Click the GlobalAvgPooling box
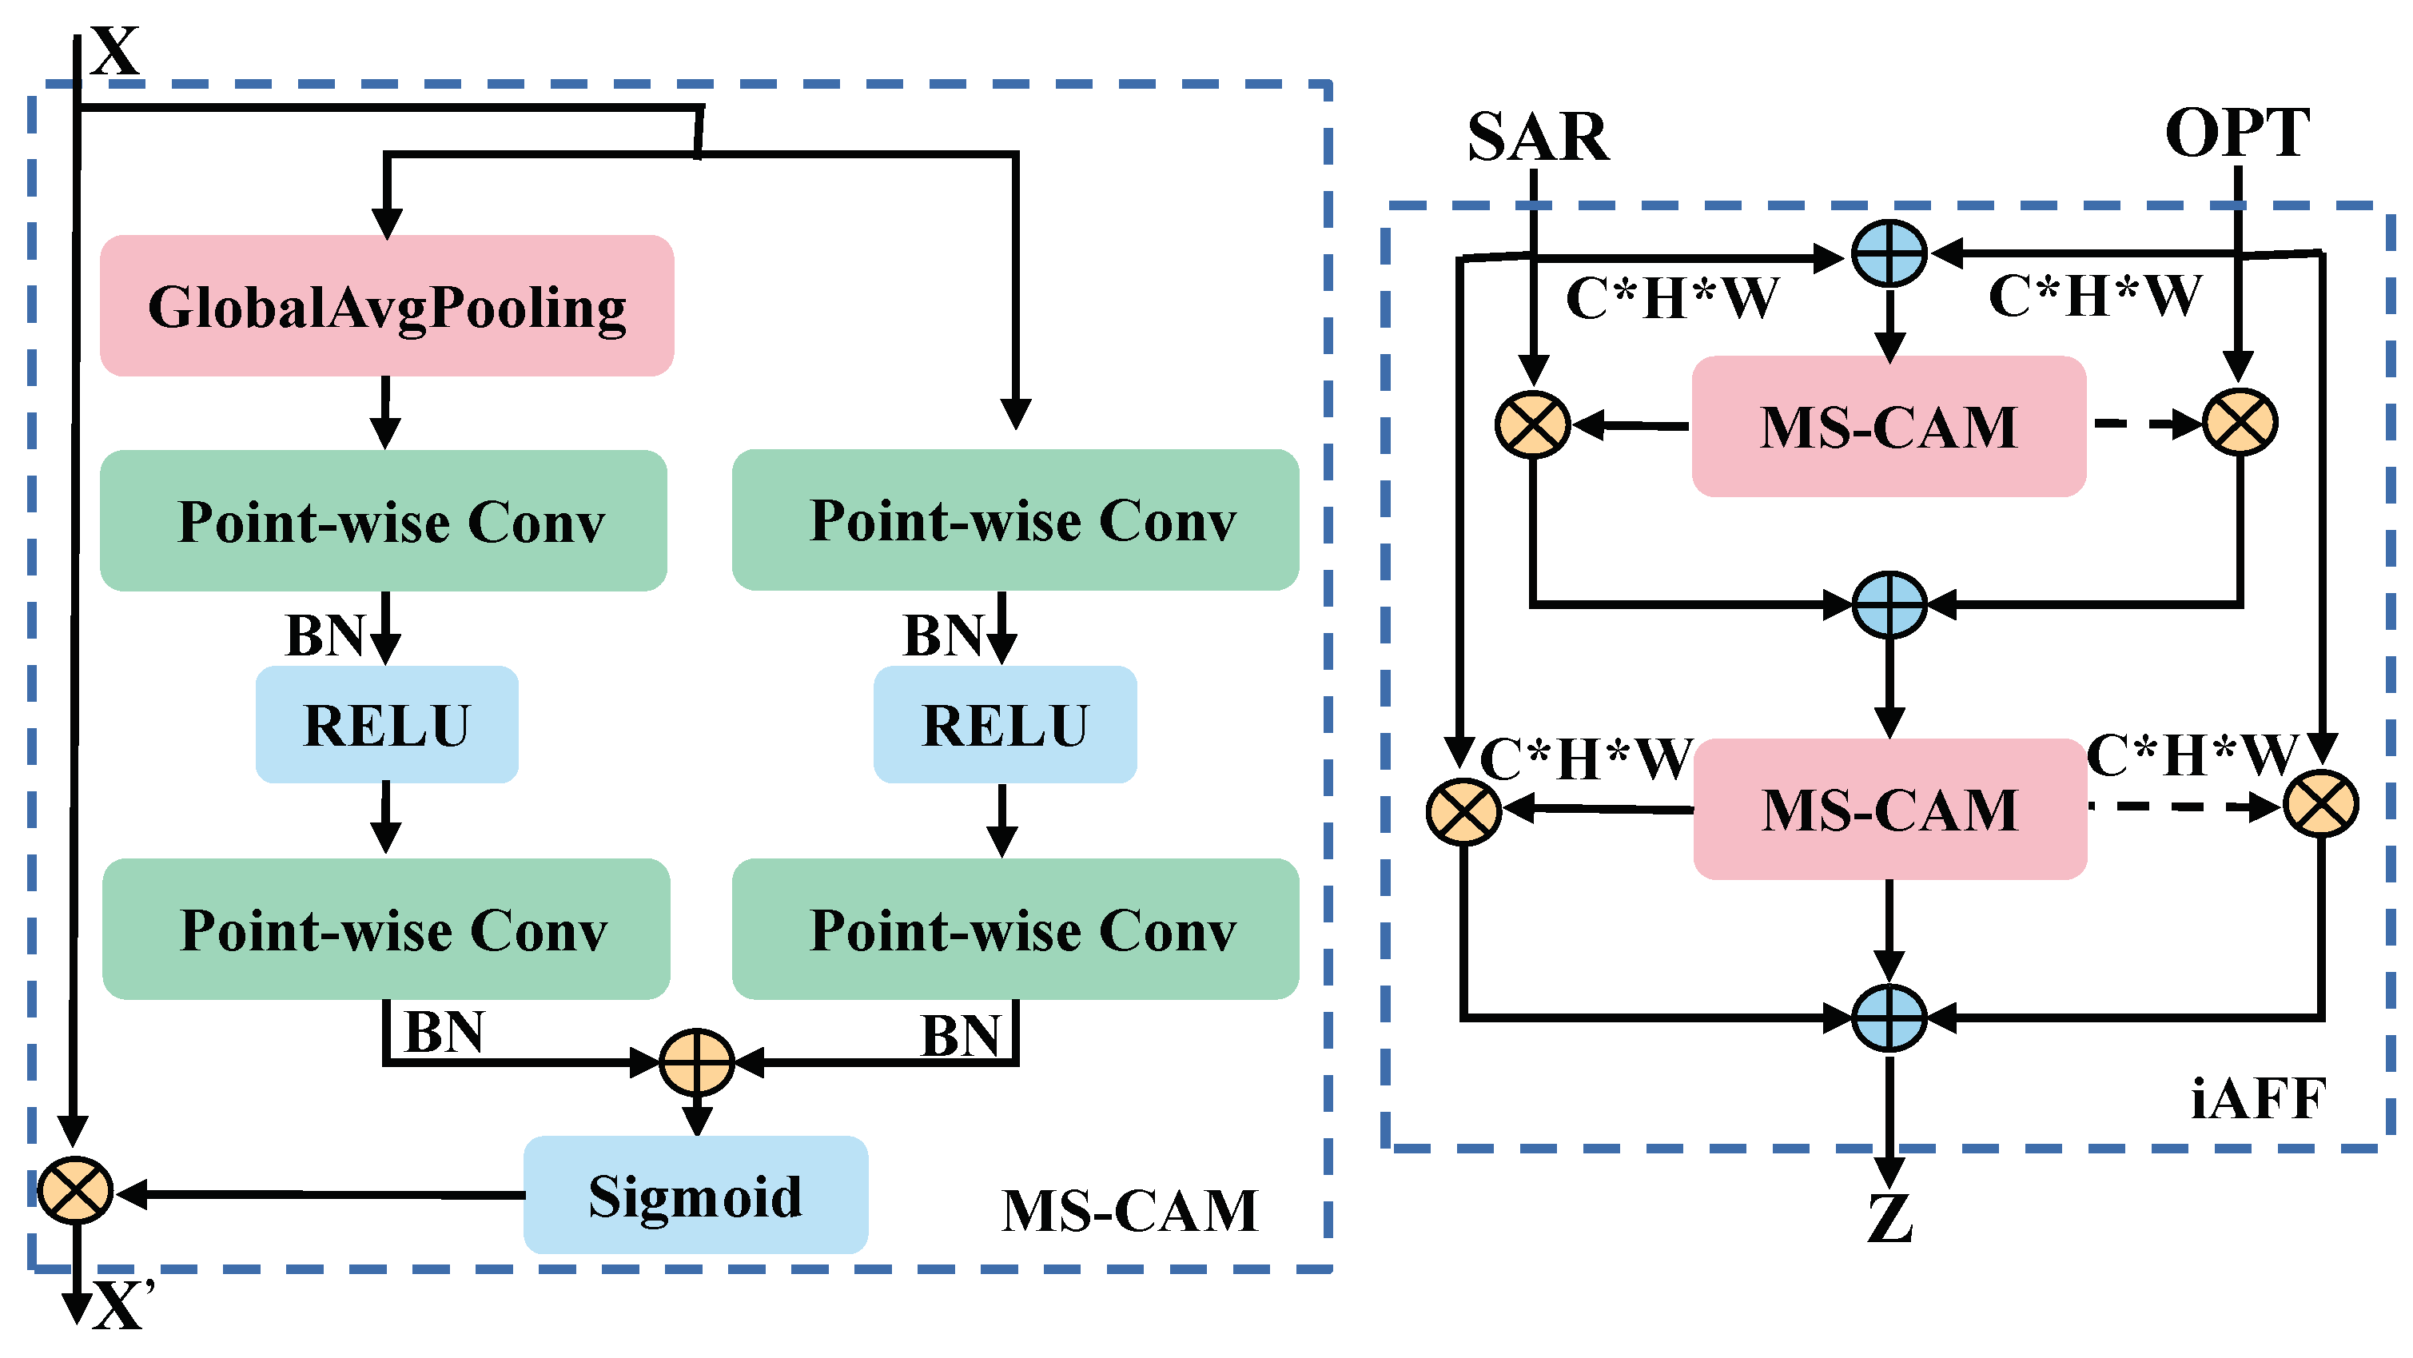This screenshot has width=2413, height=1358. click(x=387, y=306)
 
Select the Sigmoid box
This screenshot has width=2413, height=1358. click(x=696, y=1196)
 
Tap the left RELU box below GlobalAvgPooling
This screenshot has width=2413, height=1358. click(x=387, y=725)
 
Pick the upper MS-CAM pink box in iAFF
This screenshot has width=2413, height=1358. click(x=1889, y=427)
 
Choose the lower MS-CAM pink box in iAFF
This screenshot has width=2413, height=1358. click(x=1889, y=809)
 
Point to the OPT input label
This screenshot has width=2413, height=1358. click(x=2237, y=133)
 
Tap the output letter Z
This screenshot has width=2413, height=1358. click(x=1889, y=1220)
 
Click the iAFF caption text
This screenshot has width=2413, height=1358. click(x=2257, y=1100)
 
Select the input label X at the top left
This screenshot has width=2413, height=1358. click(x=115, y=50)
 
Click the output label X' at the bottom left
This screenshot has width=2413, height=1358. click(x=121, y=1304)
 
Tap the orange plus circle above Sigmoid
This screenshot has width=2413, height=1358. click(x=696, y=1063)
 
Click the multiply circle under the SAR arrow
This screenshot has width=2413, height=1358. click(x=1532, y=424)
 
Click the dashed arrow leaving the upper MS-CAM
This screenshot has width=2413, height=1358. click(x=2145, y=424)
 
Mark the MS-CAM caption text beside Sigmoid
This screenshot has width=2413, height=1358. click(x=1129, y=1211)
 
